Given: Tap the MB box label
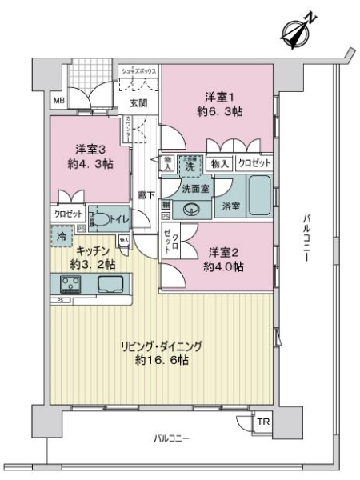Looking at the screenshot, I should pos(59,101).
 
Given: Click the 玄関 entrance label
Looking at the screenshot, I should pos(138,102).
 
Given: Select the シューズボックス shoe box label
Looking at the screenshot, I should pos(138,71).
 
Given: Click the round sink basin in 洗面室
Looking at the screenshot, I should pos(190,210).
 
